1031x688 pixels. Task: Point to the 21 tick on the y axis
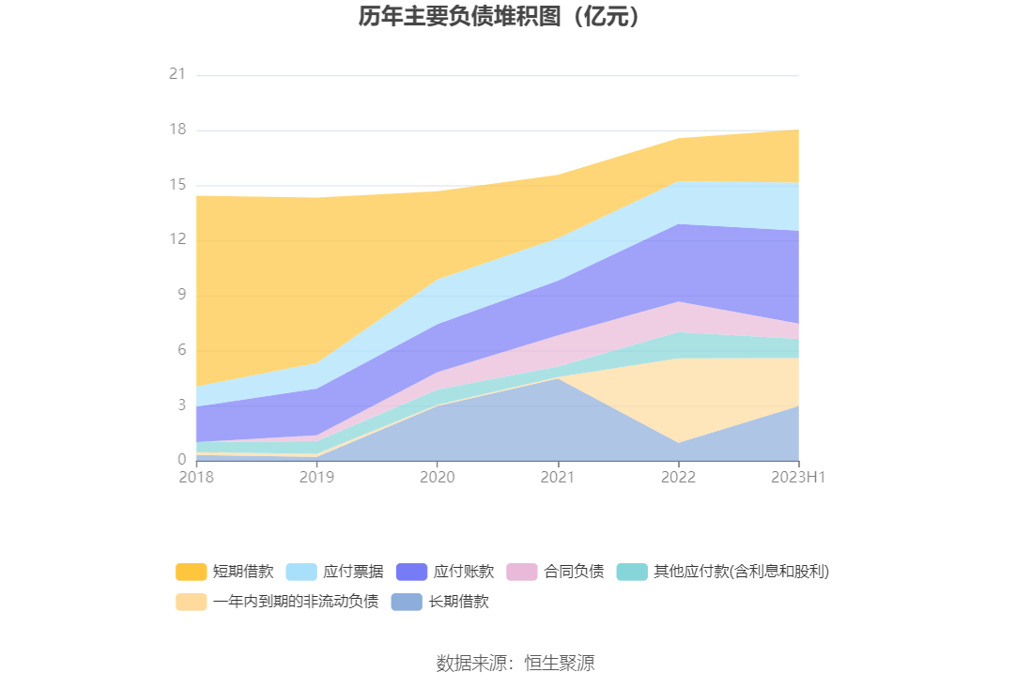177,74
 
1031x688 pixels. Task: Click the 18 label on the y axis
177,130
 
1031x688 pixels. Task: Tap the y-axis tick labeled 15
177,185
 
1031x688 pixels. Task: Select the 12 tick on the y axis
177,240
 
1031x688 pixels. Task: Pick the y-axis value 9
180,295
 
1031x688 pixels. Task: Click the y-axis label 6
180,350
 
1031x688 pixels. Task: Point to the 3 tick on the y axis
180,405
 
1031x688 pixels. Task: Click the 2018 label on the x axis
196,478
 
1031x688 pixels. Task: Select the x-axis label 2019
316,478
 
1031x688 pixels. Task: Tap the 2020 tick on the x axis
437,478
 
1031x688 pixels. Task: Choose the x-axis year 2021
558,478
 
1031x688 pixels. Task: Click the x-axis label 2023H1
798,478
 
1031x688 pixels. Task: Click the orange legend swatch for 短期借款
191,572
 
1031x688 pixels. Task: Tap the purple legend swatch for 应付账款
412,572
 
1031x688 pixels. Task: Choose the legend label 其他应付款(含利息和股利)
741,572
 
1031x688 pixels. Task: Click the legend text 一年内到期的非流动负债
296,602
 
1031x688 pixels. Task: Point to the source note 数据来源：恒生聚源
515,664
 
